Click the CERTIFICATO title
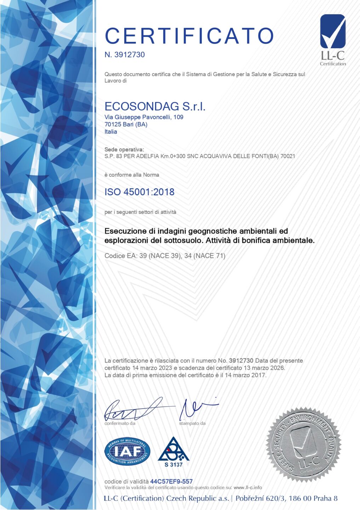click(189, 36)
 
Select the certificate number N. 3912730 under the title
click(125, 55)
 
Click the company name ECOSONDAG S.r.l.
click(155, 106)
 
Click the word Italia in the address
click(111, 132)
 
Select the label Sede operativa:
click(124, 149)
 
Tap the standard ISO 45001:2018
click(139, 192)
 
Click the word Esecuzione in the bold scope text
click(125, 231)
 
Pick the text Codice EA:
click(120, 256)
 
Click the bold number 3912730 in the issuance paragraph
click(241, 361)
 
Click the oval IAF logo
click(127, 452)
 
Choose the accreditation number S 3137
click(173, 465)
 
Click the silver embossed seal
click(303, 444)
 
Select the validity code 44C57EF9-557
click(171, 481)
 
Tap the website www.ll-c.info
click(248, 487)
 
